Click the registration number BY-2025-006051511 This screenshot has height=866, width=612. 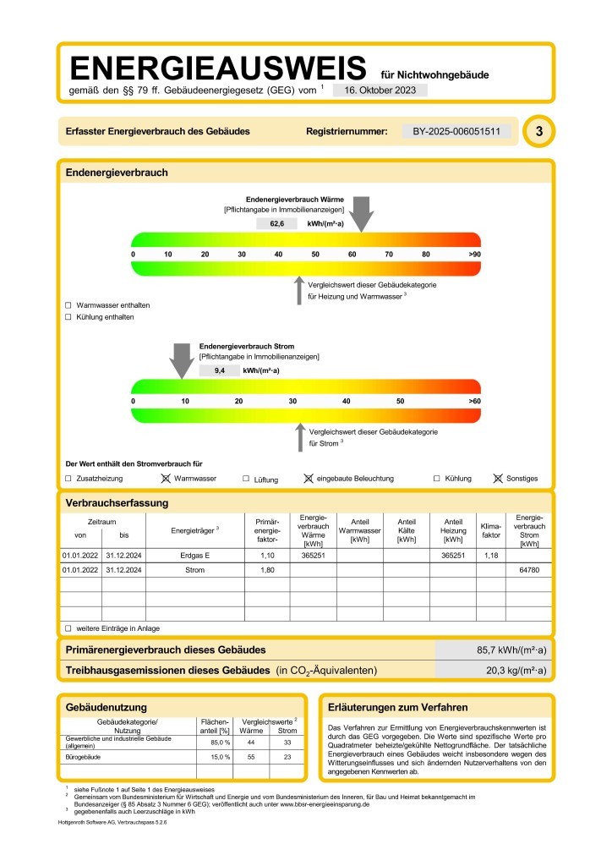[456, 132]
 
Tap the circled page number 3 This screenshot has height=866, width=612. [538, 132]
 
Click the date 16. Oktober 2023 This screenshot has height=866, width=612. [380, 90]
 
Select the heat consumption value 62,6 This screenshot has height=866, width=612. [277, 224]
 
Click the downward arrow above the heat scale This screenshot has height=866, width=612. [362, 213]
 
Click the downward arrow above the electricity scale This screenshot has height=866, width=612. [181, 360]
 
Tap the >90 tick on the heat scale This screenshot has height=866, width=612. [474, 254]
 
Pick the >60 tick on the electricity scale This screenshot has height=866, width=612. [474, 400]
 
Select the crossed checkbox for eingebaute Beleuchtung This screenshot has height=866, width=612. [309, 479]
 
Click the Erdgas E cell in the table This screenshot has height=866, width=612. [194, 556]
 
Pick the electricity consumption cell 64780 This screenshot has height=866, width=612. [528, 572]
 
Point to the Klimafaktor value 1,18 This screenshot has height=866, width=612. [490, 556]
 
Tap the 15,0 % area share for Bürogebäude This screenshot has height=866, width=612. [215, 756]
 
